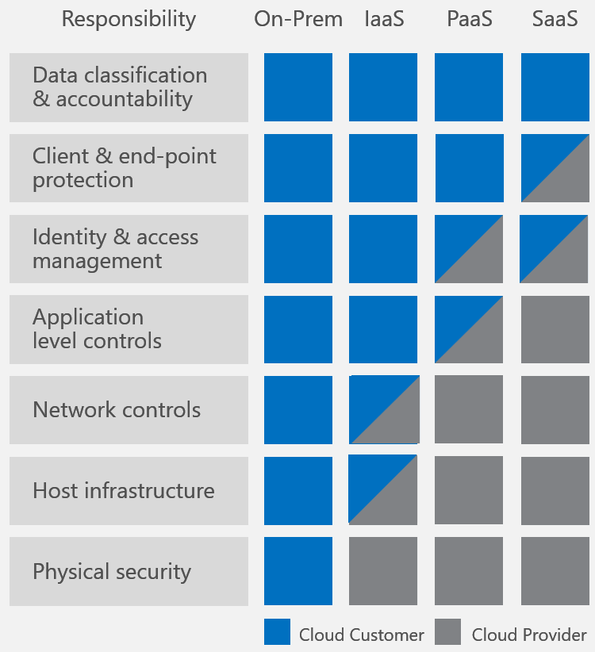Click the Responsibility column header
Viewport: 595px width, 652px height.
129,20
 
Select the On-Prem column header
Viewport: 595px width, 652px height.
298,20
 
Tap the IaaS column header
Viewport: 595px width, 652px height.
383,20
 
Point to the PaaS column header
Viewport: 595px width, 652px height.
469,20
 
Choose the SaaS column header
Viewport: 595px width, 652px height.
555,20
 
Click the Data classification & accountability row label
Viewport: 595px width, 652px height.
129,87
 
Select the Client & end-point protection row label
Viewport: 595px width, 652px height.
129,168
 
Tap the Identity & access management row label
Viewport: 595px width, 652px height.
129,249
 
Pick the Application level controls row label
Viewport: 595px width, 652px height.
129,329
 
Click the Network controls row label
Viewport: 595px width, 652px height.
129,410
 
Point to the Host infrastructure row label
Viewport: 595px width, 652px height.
129,491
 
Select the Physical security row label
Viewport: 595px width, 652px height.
129,571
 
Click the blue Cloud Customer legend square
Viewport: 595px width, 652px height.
277,632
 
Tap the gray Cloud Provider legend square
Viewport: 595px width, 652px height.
448,632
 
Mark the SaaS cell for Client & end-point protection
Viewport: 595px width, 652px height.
555,168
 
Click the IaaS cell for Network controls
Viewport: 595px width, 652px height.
384,410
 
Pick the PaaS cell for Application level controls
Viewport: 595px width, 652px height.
469,329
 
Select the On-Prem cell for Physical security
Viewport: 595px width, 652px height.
298,571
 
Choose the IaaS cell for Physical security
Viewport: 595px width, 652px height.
383,571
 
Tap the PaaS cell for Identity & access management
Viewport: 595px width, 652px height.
469,249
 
